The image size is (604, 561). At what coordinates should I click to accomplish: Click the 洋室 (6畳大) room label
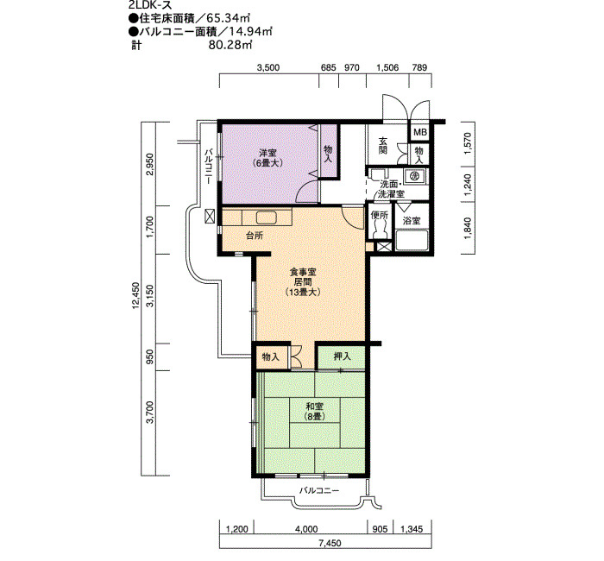(267, 158)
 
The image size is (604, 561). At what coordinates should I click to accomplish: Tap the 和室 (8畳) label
(315, 411)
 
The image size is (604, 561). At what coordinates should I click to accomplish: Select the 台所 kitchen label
(255, 236)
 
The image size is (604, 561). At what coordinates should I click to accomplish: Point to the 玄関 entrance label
(382, 145)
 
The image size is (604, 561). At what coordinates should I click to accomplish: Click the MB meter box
(420, 132)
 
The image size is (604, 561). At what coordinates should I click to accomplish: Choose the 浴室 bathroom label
(412, 221)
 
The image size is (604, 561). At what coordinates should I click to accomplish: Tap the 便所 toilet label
(380, 216)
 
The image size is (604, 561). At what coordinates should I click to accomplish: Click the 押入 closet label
(342, 356)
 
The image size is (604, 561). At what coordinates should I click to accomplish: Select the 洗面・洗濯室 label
(391, 189)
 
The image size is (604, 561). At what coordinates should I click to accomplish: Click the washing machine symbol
(415, 176)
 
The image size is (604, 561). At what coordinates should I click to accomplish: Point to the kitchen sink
(266, 217)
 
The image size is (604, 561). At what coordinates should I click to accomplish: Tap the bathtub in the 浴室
(412, 240)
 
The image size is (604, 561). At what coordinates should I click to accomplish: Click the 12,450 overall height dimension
(135, 295)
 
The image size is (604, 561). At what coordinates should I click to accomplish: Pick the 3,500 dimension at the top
(268, 68)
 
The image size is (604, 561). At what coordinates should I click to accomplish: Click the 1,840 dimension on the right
(468, 229)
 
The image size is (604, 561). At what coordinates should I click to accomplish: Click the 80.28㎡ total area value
(230, 45)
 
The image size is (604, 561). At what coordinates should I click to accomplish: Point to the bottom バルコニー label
(319, 490)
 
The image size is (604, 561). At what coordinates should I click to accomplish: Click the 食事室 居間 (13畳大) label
(303, 282)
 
